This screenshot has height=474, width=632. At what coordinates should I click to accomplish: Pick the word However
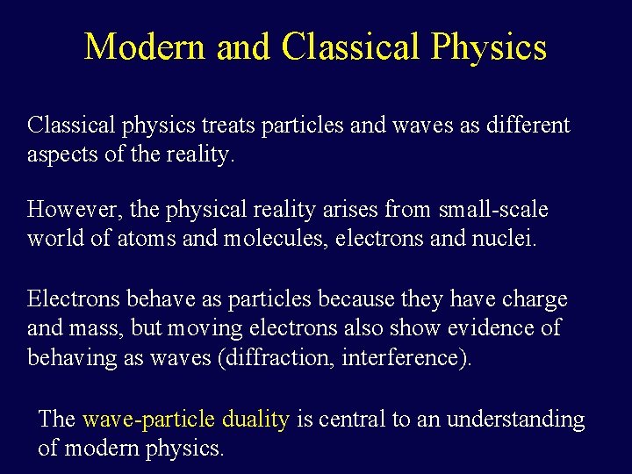tap(76, 210)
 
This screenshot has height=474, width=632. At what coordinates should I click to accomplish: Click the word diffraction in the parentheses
tap(281, 358)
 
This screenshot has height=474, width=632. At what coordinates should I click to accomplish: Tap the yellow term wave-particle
tap(148, 420)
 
